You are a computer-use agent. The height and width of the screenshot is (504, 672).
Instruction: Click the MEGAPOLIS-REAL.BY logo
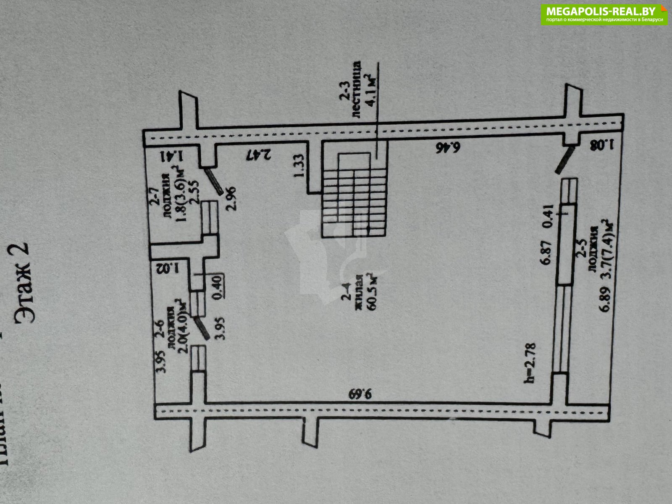coord(604,14)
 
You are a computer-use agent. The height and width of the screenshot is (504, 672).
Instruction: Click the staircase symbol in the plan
coord(354,195)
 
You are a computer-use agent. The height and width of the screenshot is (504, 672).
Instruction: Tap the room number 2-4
coord(347,297)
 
